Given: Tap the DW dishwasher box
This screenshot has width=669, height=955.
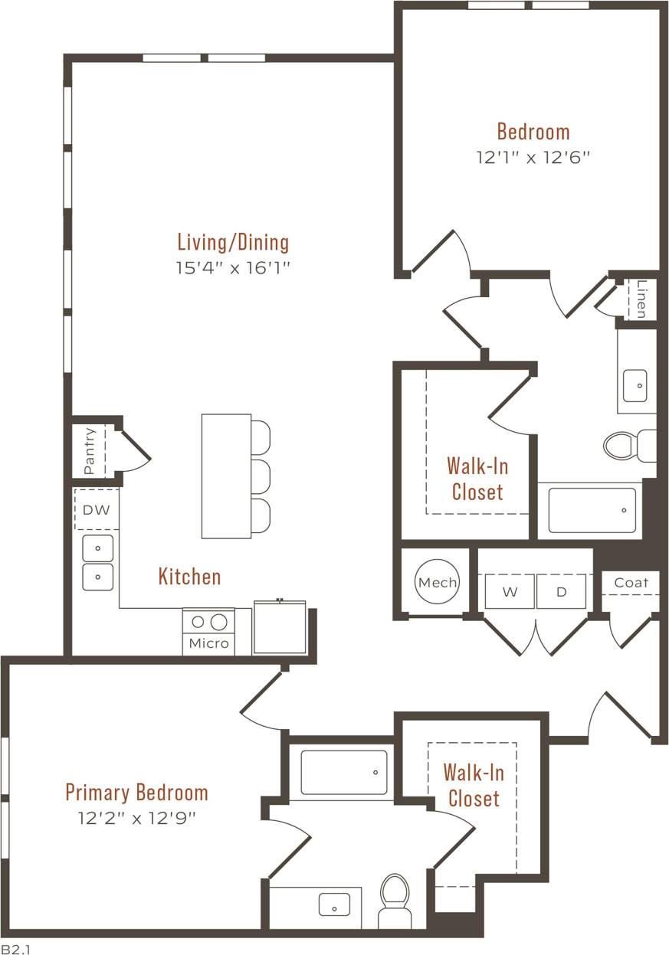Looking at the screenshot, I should tap(96, 509).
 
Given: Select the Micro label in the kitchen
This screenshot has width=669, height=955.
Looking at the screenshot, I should tap(208, 643).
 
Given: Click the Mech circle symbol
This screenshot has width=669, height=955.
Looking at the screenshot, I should tap(437, 582).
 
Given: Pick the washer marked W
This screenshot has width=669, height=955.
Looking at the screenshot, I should tap(510, 591).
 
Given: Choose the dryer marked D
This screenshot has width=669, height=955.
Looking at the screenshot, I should tap(561, 591).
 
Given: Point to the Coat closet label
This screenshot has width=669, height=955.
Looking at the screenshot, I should tap(631, 583).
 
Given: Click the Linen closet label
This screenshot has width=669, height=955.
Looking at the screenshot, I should tap(641, 299).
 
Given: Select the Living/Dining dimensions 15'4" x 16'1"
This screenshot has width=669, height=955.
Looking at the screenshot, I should tap(233, 268).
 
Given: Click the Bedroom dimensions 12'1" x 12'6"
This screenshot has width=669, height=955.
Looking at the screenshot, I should tap(533, 158).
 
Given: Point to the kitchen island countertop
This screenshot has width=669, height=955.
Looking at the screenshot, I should tap(226, 476).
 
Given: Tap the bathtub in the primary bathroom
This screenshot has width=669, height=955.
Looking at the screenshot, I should tap(343, 773).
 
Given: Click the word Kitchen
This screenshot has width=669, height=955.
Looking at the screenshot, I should tap(189, 577).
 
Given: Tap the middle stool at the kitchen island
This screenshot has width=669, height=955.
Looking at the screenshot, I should tap(261, 476).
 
